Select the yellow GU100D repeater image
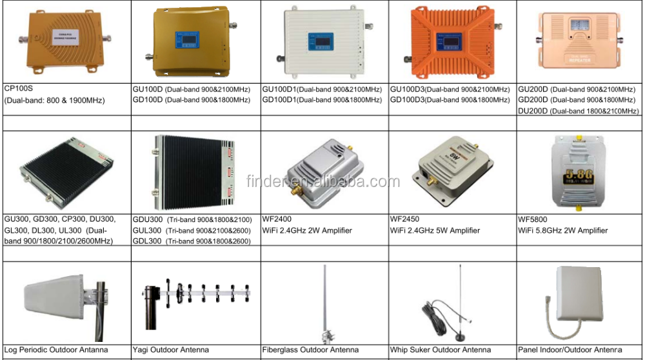(193, 42)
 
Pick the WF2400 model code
(278, 219)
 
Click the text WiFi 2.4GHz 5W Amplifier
(435, 230)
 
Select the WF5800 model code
(532, 219)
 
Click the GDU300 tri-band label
(192, 219)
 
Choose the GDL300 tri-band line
(192, 241)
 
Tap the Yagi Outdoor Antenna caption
(170, 350)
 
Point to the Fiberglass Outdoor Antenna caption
(310, 350)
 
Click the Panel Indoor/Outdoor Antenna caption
(570, 350)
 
